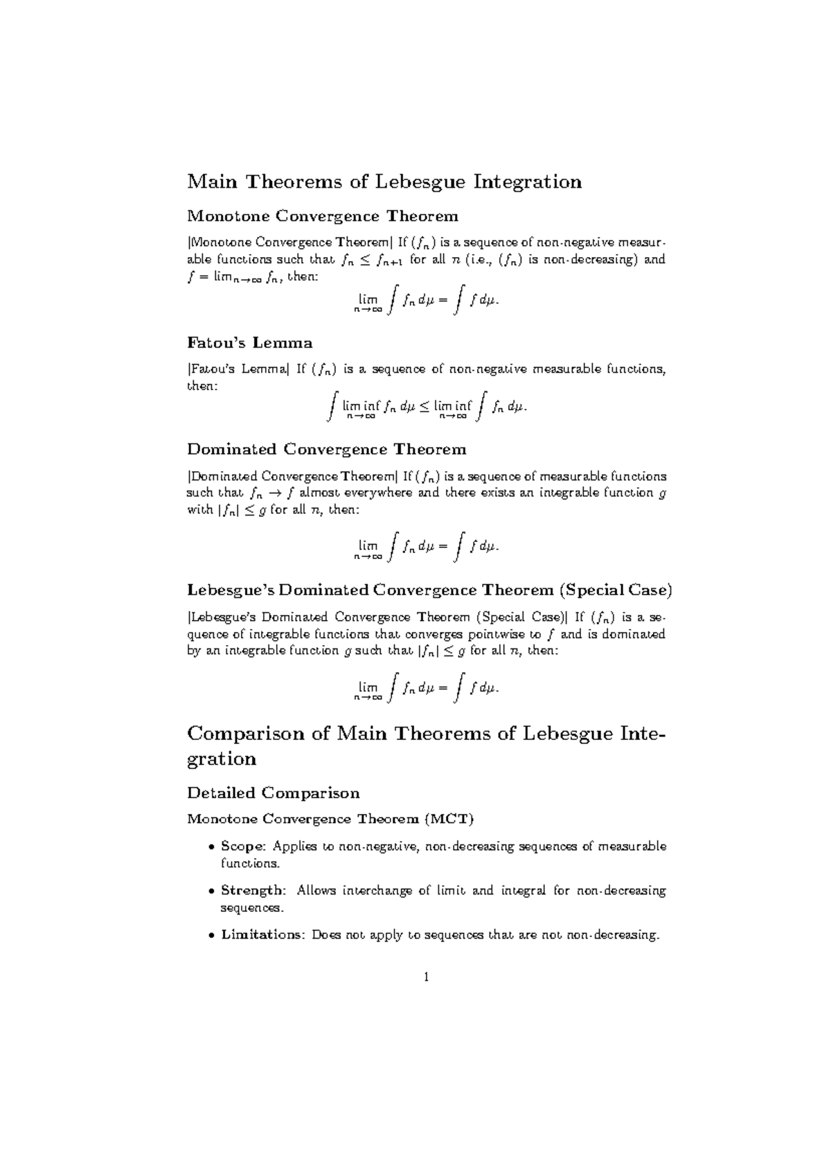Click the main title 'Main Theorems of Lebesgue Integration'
(384, 182)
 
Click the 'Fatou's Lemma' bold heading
(250, 343)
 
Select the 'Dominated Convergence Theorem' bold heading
(327, 450)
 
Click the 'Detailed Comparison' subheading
(274, 793)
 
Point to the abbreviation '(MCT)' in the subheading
(450, 820)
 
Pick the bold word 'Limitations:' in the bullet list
(263, 935)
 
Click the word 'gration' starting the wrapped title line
(222, 759)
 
